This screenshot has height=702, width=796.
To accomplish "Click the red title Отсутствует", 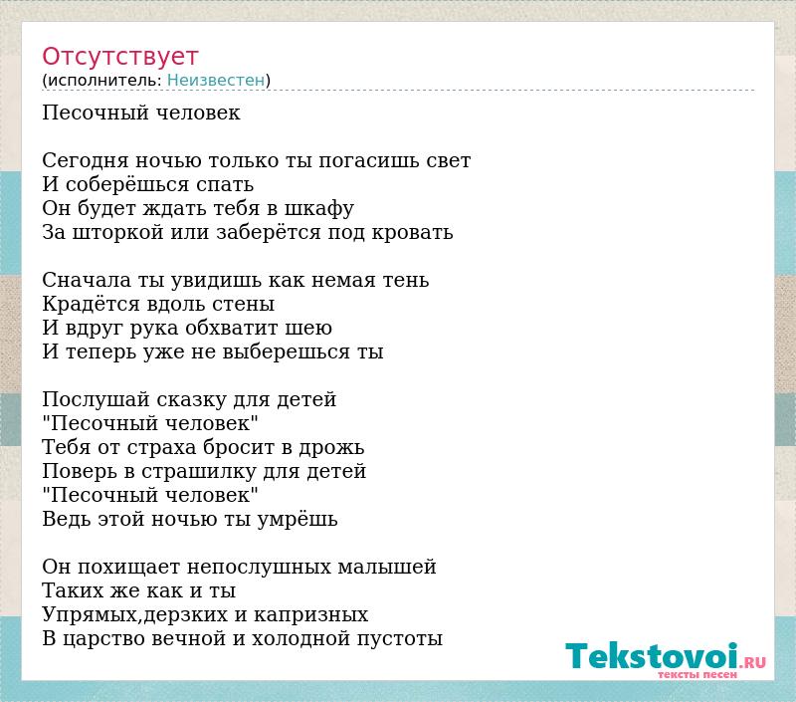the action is (119, 56).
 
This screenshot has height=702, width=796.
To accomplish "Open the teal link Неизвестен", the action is (216, 80).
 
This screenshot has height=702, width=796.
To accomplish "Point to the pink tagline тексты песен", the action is (696, 674).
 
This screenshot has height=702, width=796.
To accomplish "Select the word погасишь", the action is (368, 161).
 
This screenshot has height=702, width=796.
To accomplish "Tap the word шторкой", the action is (117, 233).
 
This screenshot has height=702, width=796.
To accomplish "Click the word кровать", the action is (412, 233).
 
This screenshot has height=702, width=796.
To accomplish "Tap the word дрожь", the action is (331, 448).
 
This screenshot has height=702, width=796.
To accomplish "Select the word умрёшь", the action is (298, 520).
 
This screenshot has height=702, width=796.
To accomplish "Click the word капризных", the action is (310, 615).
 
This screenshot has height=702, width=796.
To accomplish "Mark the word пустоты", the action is (400, 639).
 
